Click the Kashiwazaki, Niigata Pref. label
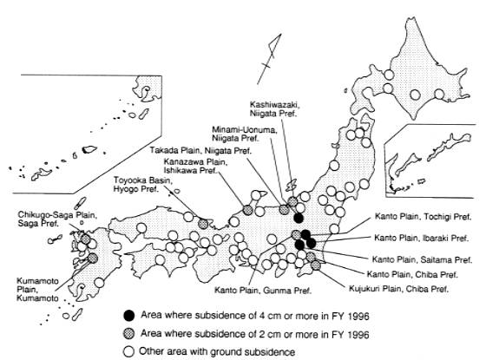click(274, 109)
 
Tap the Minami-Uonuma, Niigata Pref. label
click(245, 134)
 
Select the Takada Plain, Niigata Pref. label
click(200, 151)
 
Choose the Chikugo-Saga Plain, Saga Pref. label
click(57, 219)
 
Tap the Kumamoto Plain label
click(37, 290)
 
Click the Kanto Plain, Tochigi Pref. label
click(423, 217)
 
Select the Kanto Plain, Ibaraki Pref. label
click(421, 238)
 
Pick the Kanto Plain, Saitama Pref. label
click(422, 259)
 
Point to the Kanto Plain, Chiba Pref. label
click(412, 274)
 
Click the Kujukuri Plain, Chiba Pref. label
click(398, 289)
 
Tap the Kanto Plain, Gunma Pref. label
click(263, 291)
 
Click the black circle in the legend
click(129, 315)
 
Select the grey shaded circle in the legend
click(129, 333)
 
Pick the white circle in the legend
click(129, 351)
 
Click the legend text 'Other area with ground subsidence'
click(217, 351)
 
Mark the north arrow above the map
click(269, 59)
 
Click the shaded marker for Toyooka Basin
click(203, 224)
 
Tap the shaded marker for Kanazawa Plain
click(247, 210)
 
